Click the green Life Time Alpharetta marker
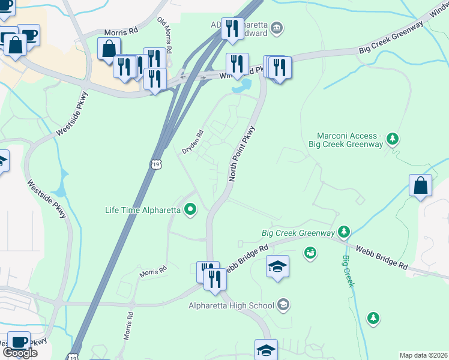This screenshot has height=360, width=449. [191, 210]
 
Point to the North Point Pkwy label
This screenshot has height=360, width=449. [243, 154]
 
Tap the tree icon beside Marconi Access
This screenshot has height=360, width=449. [393, 139]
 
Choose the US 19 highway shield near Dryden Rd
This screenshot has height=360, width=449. [156, 164]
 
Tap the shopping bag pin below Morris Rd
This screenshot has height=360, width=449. [109, 49]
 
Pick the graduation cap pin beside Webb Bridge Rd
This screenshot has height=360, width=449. [277, 266]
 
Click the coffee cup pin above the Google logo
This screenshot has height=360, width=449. [19, 341]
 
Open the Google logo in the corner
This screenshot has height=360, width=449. [20, 353]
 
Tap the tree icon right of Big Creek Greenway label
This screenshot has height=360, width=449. [343, 232]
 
